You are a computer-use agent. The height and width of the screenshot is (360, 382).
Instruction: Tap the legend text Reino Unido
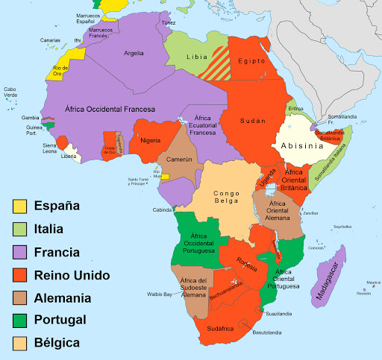(72, 275)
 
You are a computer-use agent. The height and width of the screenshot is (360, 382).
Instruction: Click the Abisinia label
(303, 146)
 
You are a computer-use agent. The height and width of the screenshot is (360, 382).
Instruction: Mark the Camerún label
(179, 160)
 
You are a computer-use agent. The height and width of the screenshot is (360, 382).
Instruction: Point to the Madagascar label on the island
(330, 273)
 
